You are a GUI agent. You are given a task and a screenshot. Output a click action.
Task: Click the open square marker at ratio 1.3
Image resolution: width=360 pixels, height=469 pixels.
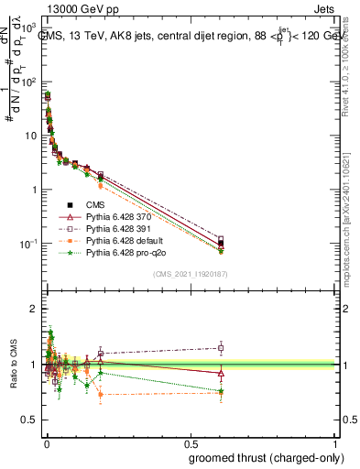(221, 347)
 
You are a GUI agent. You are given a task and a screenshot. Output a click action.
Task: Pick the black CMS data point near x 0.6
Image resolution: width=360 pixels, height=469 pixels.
(221, 243)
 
